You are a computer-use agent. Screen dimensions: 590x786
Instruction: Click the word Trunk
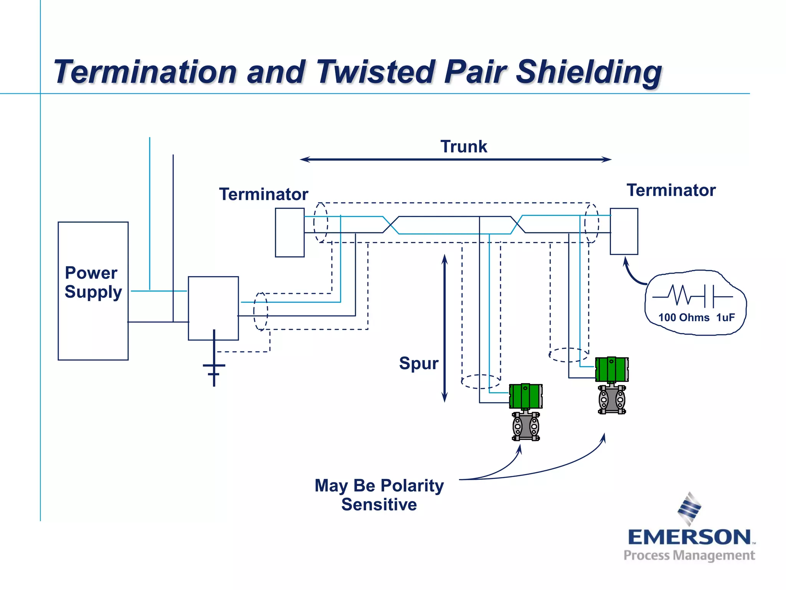[464, 147]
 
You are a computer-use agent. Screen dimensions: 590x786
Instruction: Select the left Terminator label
[264, 194]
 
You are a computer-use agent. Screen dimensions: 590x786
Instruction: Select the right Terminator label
[671, 190]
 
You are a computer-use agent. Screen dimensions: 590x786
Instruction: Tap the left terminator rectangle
[290, 232]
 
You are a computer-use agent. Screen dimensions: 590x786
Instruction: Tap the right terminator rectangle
[624, 231]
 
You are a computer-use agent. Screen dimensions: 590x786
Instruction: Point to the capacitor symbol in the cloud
[709, 297]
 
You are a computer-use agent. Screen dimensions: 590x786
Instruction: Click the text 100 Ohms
[684, 318]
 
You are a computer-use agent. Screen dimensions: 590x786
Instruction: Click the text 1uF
[725, 318]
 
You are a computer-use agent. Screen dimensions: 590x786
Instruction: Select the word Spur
[418, 363]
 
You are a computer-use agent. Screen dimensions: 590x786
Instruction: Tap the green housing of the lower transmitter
[525, 396]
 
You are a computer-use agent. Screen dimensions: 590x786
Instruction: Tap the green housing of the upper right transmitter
[611, 369]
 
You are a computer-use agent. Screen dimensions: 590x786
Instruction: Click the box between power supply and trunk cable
[213, 308]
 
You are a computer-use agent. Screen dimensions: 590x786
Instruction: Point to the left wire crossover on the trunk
[391, 225]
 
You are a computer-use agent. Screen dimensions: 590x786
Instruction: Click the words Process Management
[689, 556]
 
